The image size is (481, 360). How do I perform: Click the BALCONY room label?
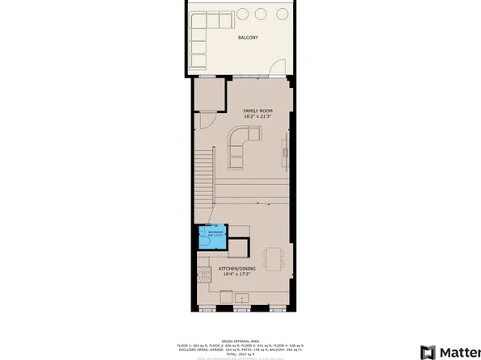pos(248,38)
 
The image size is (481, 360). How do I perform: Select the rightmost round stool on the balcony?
pos(282,15)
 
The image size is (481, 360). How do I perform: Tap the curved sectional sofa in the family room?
pos(240,151)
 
